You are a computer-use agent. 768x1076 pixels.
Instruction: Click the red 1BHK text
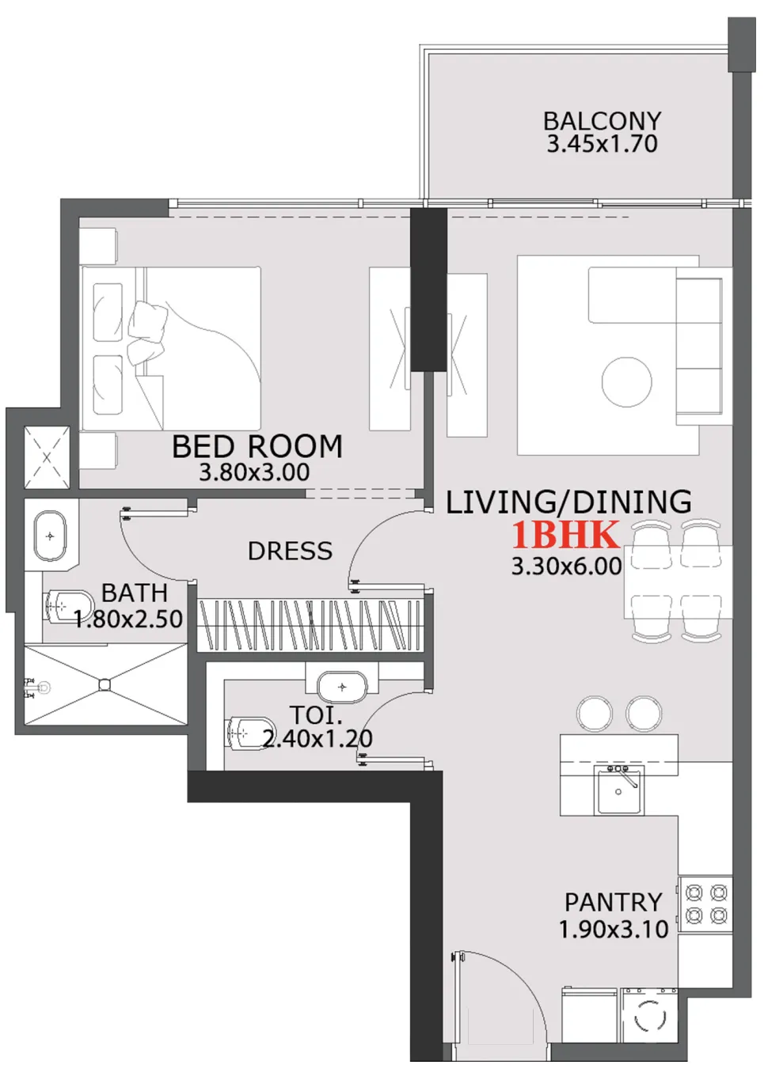pyautogui.click(x=565, y=536)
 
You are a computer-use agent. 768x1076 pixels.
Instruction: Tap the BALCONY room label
pyautogui.click(x=602, y=121)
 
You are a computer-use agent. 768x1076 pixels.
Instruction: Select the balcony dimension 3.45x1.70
pyautogui.click(x=602, y=144)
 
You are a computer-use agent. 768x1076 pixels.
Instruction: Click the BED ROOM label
pyautogui.click(x=257, y=447)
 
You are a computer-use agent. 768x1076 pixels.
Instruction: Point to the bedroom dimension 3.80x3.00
pyautogui.click(x=254, y=473)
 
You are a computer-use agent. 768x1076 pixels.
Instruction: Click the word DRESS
pyautogui.click(x=290, y=551)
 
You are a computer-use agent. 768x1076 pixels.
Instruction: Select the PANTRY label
pyautogui.click(x=613, y=902)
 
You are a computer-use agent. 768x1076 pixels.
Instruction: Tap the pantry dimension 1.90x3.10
pyautogui.click(x=614, y=930)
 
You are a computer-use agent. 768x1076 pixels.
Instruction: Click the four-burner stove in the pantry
pyautogui.click(x=706, y=904)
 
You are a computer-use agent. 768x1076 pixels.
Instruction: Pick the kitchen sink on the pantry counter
pyautogui.click(x=619, y=790)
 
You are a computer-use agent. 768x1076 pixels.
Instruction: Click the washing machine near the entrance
pyautogui.click(x=649, y=1016)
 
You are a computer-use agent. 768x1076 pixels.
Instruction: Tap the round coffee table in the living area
pyautogui.click(x=626, y=382)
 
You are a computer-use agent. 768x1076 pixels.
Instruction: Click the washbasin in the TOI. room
pyautogui.click(x=342, y=687)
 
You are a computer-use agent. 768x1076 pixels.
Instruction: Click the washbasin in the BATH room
pyautogui.click(x=50, y=536)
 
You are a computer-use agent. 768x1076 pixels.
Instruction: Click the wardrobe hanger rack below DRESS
pyautogui.click(x=310, y=625)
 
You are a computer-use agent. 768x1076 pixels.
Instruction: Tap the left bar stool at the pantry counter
pyautogui.click(x=594, y=714)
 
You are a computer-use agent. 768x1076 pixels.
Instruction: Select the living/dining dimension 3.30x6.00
pyautogui.click(x=566, y=566)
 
